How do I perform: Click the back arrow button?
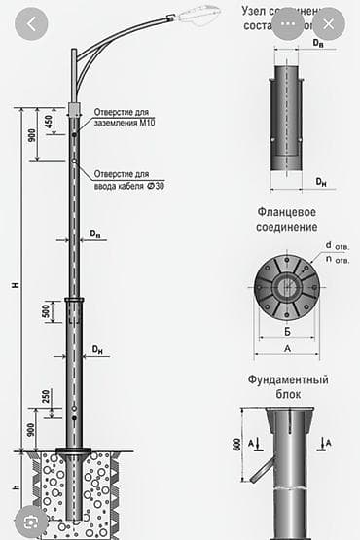click(x=32, y=23)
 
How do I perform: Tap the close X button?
click(x=329, y=23)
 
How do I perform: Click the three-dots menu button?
click(x=288, y=23)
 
